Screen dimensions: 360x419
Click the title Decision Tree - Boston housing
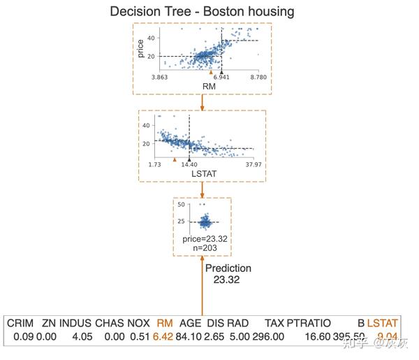(202, 12)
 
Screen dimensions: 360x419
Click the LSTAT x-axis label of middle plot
(202, 173)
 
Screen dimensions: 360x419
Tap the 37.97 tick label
(251, 165)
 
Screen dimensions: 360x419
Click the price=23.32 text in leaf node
(205, 238)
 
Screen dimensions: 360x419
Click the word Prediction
(228, 268)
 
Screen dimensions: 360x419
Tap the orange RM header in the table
(165, 323)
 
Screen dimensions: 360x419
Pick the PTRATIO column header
(309, 323)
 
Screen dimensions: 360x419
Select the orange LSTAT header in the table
(383, 323)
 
